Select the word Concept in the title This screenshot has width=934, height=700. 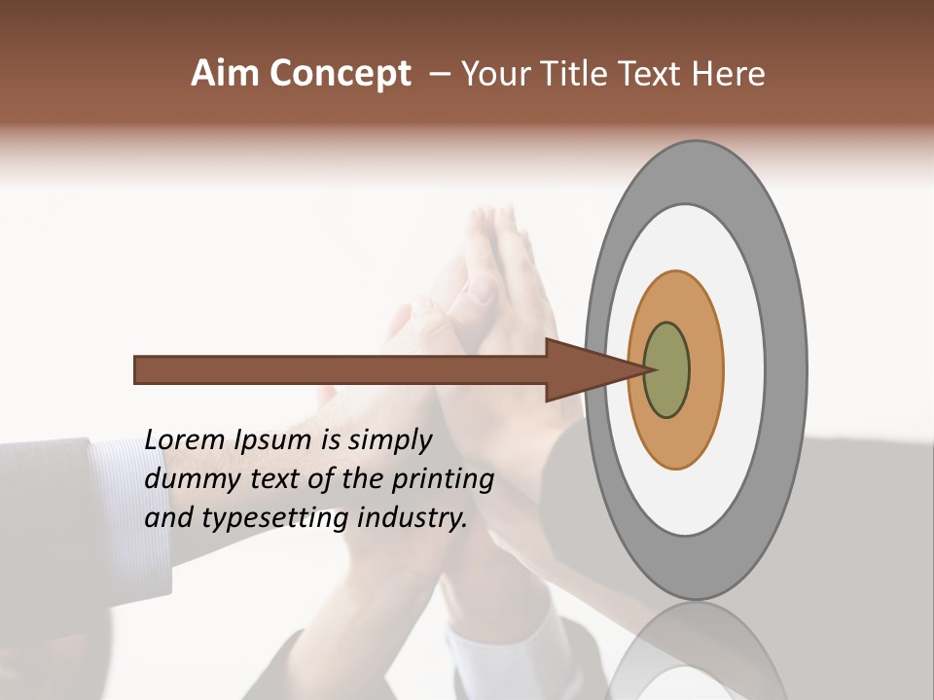pos(341,75)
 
